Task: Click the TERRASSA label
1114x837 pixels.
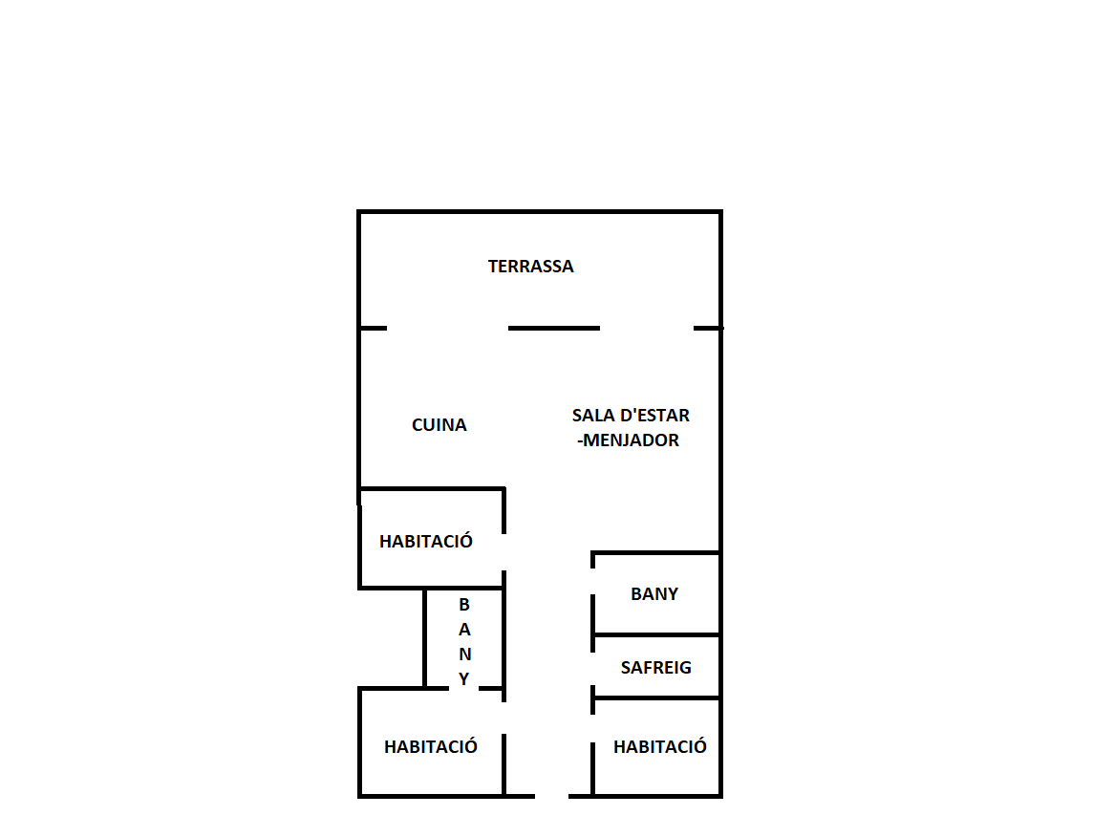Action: [530, 267]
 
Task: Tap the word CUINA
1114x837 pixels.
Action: [439, 425]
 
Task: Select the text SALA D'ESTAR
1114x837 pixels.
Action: [631, 415]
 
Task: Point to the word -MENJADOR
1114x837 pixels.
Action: [628, 440]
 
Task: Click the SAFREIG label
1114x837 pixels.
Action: [655, 668]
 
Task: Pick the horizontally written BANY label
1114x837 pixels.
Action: [654, 594]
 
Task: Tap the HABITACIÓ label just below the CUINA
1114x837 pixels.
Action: [425, 542]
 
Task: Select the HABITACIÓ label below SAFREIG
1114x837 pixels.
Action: [660, 747]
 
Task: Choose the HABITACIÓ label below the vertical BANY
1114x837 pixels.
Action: [431, 747]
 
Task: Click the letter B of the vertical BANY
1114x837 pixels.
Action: [464, 605]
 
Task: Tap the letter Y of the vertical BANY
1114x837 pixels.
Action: [464, 679]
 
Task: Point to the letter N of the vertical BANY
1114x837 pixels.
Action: [464, 655]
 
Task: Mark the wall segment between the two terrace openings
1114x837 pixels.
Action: [554, 329]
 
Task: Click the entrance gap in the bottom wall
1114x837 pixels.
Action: [551, 797]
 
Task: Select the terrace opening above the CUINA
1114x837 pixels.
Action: [447, 329]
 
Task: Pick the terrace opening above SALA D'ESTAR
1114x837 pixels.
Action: [647, 329]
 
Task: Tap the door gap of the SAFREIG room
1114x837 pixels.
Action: [592, 669]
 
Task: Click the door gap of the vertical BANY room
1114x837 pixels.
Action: [464, 689]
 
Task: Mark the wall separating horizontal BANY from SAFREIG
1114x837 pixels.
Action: [657, 634]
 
